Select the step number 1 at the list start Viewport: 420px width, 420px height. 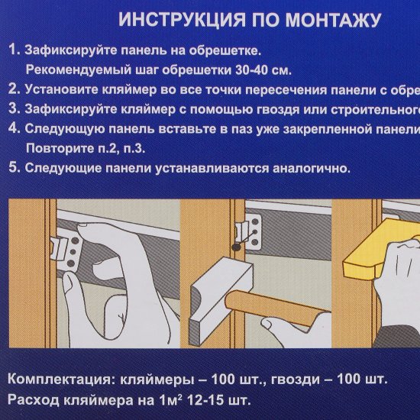[14, 51]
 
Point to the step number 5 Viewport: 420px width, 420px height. [14, 166]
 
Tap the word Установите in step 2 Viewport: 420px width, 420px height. [60, 90]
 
